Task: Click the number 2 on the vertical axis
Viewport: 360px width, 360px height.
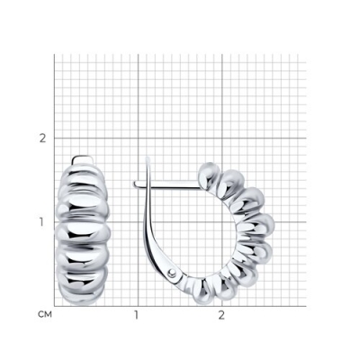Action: point(43,139)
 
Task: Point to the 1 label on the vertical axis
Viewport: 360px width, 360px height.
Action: point(43,222)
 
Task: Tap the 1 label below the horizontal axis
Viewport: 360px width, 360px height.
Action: point(137,315)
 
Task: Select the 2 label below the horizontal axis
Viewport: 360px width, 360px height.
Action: point(221,315)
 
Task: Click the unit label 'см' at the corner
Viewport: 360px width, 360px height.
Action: point(45,315)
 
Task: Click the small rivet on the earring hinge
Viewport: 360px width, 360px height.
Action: point(172,273)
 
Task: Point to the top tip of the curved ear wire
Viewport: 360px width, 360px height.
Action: point(148,157)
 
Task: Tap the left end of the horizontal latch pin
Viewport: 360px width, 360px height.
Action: point(135,184)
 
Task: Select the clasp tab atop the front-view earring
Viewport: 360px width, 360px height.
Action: point(83,160)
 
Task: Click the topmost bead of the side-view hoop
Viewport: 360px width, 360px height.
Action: point(210,175)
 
